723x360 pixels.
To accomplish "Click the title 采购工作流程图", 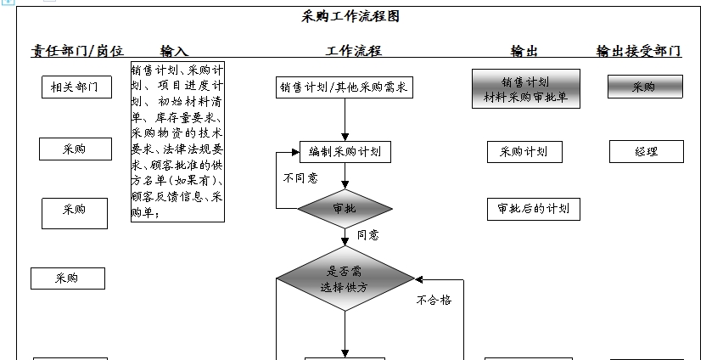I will click(350, 16).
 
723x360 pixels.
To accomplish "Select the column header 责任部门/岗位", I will click(77, 51).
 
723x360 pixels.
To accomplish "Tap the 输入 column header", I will click(174, 51).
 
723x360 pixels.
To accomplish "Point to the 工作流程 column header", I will click(354, 51).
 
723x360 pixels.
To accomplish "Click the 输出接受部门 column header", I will click(638, 51).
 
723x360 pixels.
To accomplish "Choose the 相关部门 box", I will click(76, 87).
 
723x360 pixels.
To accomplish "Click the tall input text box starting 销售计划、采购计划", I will click(177, 142).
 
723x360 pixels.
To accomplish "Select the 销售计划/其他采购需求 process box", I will click(345, 87).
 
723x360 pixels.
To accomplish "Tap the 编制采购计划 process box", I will click(345, 152).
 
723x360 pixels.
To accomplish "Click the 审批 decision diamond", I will click(345, 208).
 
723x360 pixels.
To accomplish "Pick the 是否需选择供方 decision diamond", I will click(345, 279).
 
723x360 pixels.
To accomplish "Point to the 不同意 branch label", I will click(300, 178).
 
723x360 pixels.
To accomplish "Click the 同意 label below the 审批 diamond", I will click(367, 235).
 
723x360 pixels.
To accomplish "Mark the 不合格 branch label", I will click(433, 300).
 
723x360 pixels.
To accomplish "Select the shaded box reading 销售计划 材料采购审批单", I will click(525, 89).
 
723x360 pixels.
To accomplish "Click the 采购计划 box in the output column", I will click(524, 152).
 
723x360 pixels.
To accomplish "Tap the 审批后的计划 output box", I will click(533, 209).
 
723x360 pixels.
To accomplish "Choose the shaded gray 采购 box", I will click(644, 87).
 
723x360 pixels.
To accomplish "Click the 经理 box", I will click(646, 152).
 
